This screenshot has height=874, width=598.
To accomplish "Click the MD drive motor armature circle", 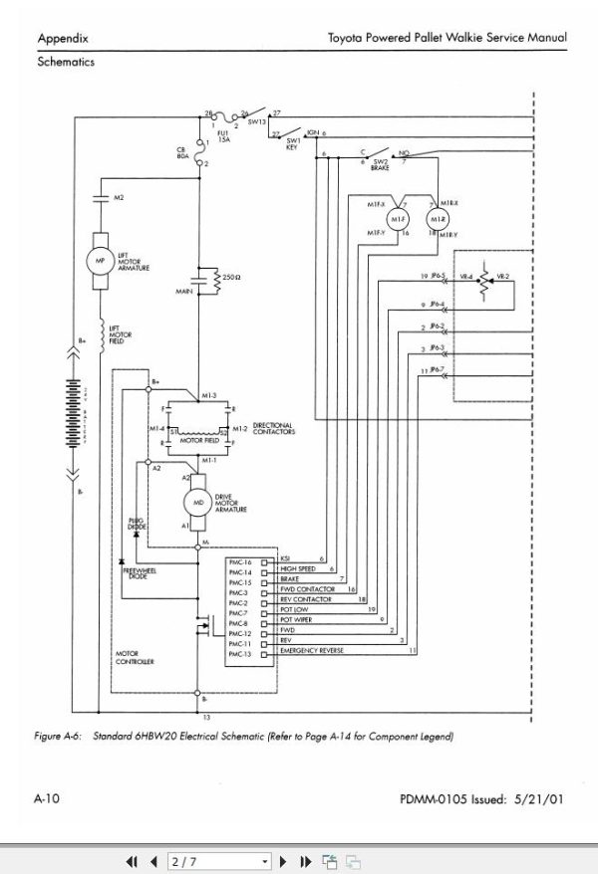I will tap(200, 504).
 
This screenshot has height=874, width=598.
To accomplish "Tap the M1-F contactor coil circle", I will tap(397, 219).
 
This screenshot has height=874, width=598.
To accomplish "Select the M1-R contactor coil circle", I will tap(435, 219).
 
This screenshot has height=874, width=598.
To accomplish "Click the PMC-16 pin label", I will tap(241, 561).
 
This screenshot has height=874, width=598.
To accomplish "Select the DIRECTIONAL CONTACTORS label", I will tap(276, 428).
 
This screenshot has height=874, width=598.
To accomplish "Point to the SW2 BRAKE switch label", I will tap(380, 164).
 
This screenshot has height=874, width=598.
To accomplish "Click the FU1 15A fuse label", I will tap(224, 137).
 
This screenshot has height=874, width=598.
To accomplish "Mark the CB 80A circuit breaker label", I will tap(182, 152).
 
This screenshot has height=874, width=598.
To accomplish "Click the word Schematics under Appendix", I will tap(66, 61).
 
